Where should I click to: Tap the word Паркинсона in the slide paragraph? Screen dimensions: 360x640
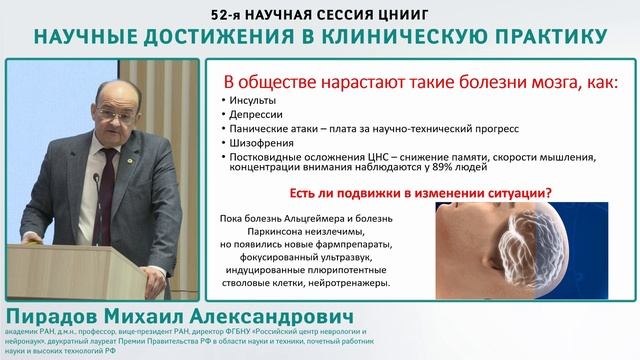[273, 232]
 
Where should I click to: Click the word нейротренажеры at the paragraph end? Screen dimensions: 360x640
[346, 283]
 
